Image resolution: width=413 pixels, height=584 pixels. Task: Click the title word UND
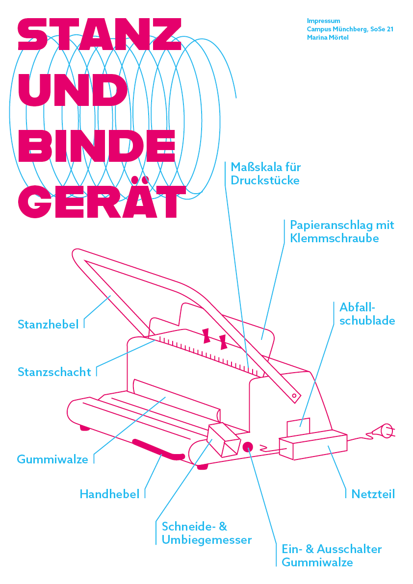coord(73,91)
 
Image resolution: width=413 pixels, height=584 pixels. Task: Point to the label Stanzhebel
coord(48,325)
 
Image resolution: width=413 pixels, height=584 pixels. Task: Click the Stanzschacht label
coord(54,372)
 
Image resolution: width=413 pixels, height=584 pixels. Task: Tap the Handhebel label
coord(109,494)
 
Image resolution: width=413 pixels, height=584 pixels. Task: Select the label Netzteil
coord(373,494)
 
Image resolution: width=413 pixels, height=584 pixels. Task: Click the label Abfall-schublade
coord(367,314)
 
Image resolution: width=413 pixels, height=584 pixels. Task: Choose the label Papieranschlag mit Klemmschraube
coord(342,232)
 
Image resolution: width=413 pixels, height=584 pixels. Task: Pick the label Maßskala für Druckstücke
coord(265,174)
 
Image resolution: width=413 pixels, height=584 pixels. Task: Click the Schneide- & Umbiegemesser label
coord(206,533)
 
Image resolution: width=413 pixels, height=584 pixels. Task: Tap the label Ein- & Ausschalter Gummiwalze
coord(331,556)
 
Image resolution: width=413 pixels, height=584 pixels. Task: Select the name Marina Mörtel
coord(328,38)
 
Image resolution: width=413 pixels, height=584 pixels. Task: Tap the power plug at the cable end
coord(383,432)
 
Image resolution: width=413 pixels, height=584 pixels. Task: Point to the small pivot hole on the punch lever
coord(294,394)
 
